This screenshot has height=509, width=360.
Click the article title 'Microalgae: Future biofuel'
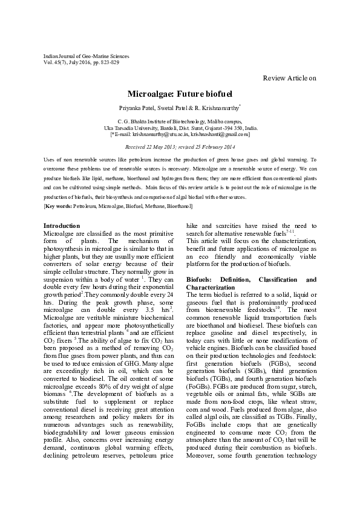[x=180, y=95]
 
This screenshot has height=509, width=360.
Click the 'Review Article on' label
[x=289, y=78]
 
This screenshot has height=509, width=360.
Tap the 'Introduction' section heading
[x=62, y=225]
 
